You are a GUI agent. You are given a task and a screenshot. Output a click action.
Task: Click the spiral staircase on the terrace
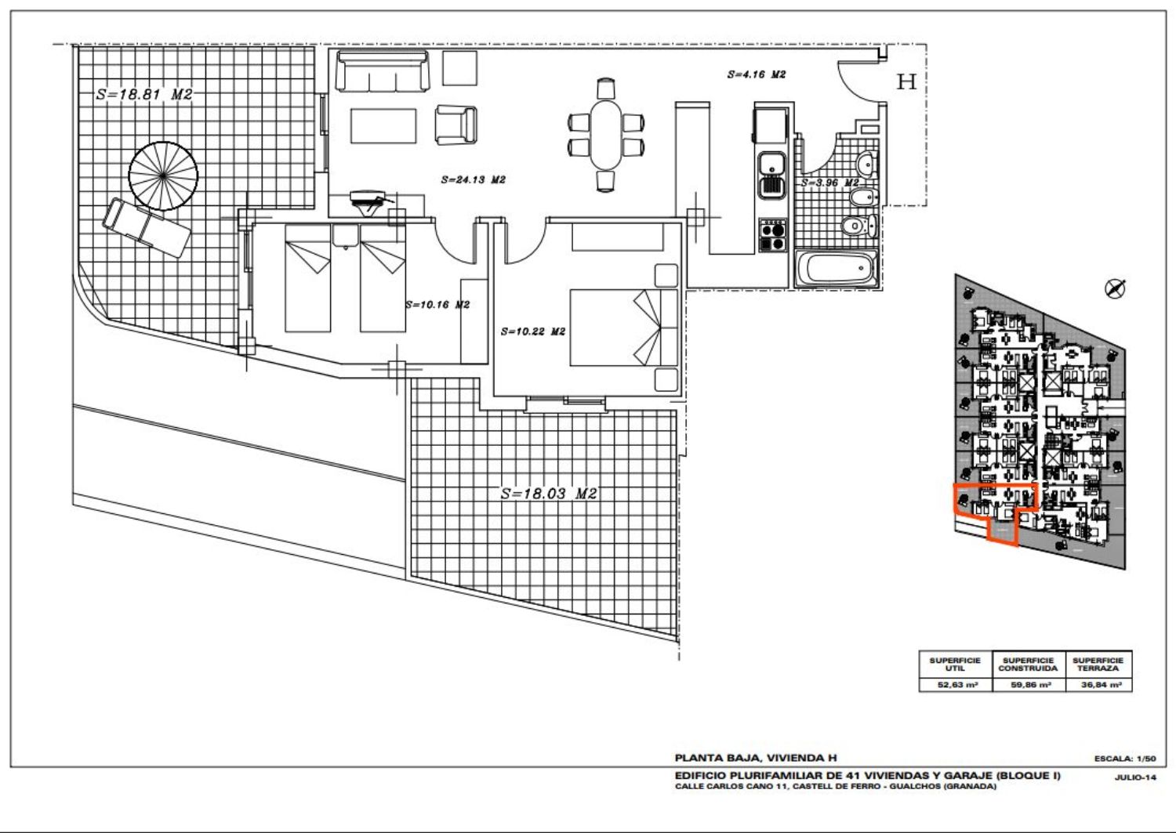[x=163, y=176]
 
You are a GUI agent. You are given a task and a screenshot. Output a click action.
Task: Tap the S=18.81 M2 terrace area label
[x=144, y=95]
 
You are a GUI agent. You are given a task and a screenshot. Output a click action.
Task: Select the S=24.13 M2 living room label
[x=473, y=180]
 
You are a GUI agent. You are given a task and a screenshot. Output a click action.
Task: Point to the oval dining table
[x=606, y=135]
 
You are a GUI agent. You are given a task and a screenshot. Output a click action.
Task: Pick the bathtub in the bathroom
[x=836, y=269]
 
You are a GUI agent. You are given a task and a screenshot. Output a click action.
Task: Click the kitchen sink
[x=771, y=175]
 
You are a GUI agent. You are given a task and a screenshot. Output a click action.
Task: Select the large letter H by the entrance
[x=906, y=81]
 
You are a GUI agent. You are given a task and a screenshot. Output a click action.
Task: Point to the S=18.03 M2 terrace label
[x=549, y=494]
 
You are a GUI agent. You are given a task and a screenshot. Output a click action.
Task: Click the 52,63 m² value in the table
[x=957, y=685]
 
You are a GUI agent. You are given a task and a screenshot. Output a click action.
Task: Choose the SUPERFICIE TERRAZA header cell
[x=1098, y=665]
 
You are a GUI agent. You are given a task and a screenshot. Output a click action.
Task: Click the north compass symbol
[x=1115, y=288]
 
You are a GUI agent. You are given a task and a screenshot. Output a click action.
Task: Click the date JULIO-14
[x=1135, y=777]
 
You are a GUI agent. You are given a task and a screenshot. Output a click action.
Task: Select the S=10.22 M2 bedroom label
[x=533, y=331]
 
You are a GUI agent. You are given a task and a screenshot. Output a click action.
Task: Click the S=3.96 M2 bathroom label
[x=830, y=183]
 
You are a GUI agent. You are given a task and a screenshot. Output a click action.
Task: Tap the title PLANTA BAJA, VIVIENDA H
[x=756, y=758]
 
